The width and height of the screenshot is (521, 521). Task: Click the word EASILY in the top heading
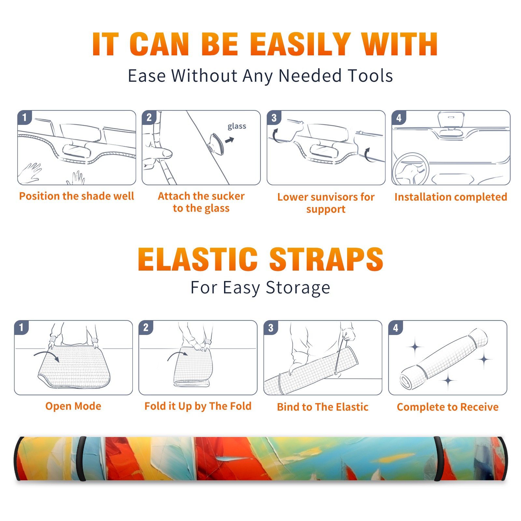300,44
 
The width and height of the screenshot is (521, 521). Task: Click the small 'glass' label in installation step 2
237,126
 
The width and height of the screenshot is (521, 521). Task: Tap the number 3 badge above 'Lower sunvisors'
274,118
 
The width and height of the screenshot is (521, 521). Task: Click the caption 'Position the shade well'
77,196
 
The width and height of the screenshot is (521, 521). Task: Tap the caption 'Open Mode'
73,406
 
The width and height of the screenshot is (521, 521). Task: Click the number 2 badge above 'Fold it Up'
146,328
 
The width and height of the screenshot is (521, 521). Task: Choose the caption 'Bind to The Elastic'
323,407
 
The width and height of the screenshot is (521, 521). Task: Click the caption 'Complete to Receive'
448,407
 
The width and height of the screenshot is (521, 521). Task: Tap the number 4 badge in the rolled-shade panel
396,328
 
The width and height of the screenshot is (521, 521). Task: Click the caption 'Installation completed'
451,197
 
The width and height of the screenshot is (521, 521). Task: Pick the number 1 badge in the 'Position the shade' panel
24,118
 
